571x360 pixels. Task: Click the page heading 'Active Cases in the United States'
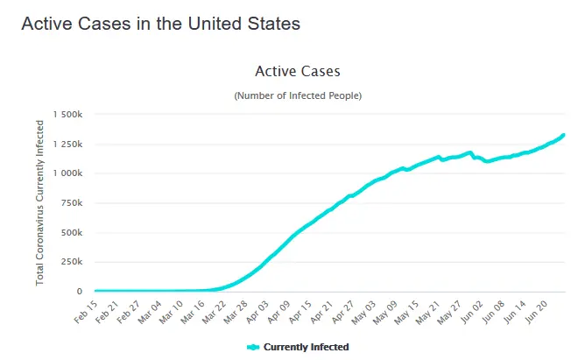point(160,24)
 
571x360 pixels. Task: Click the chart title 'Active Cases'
point(297,71)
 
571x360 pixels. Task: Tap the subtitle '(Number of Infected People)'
point(297,95)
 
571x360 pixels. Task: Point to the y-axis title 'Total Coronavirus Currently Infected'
point(40,203)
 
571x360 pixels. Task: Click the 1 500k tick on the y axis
point(67,115)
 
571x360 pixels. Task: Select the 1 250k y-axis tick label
point(67,144)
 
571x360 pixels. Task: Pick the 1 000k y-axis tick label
point(67,173)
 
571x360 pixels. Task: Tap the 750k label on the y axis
point(71,203)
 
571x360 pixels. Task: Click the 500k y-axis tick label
point(71,233)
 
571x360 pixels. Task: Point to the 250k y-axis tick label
point(71,262)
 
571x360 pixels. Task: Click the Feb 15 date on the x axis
point(85,312)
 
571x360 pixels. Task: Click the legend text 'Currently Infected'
point(306,347)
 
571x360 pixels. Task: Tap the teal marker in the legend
point(253,347)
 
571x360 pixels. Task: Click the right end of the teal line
point(563,135)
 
